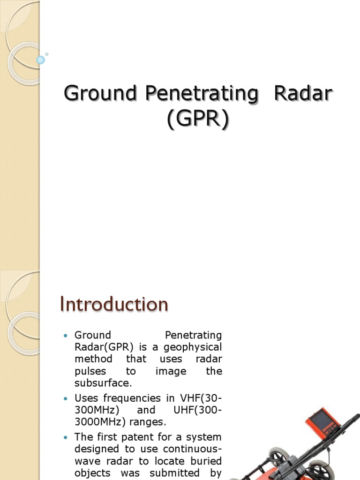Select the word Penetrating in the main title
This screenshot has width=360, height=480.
[x=202, y=94]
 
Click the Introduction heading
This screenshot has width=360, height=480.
[x=114, y=305]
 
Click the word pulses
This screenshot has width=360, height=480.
[x=90, y=371]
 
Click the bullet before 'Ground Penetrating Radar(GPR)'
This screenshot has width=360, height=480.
[x=66, y=336]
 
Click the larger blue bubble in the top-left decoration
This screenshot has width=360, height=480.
[x=40, y=60]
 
